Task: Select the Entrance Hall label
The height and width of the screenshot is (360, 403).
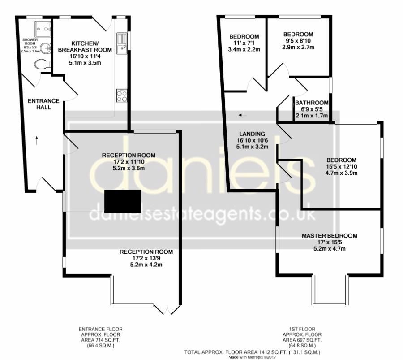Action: (40, 104)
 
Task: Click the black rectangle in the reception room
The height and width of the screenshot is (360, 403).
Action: (123, 200)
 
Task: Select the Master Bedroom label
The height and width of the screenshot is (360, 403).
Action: (329, 236)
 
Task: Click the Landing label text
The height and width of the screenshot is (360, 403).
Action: (252, 134)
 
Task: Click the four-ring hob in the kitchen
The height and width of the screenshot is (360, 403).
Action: (122, 95)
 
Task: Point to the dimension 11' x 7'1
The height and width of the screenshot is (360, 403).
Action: (244, 43)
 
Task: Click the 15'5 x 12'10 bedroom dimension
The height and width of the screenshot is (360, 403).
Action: (341, 167)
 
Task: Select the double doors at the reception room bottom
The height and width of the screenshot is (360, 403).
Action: (167, 309)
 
